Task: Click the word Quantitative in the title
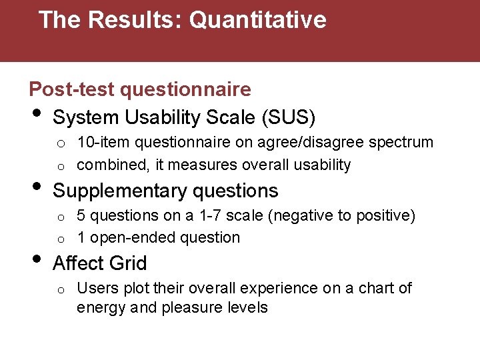[258, 20]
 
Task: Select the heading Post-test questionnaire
[140, 89]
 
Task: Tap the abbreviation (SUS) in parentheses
[289, 118]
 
